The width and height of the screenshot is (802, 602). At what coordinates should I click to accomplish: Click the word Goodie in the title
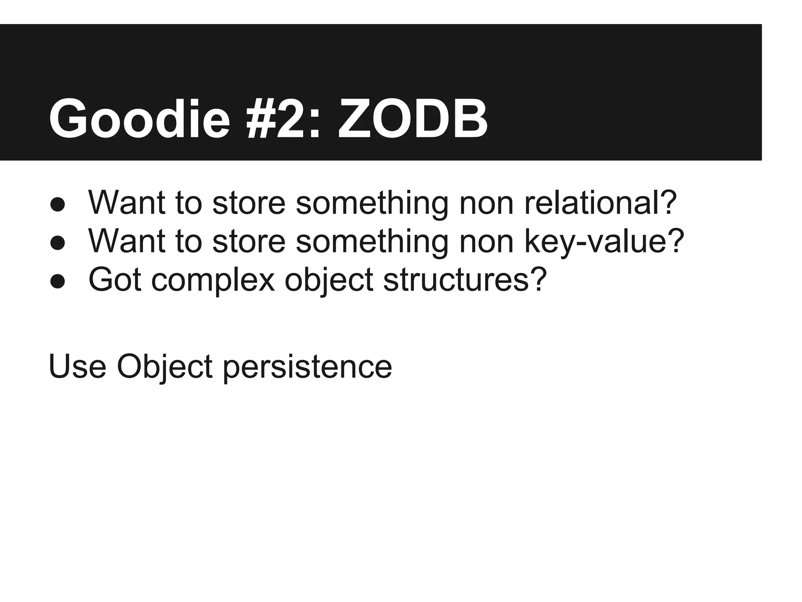(x=139, y=119)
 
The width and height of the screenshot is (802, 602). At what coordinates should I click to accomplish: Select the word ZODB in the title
(x=413, y=119)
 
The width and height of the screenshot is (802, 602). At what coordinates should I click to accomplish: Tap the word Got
(x=114, y=279)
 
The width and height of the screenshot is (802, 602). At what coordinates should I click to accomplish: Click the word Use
(x=77, y=366)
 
